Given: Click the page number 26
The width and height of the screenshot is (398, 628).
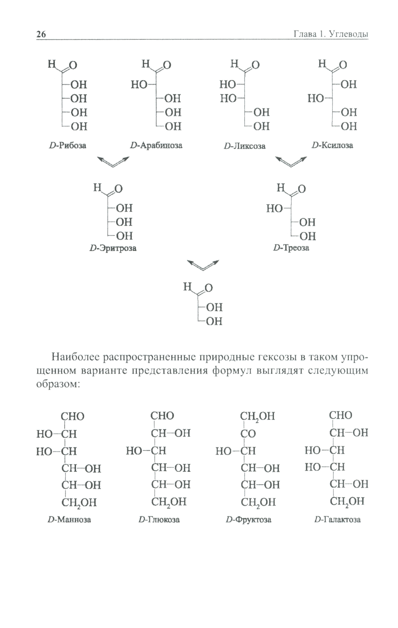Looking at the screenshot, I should pos(41,34).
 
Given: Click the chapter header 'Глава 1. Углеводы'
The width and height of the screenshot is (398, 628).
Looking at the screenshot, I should pos(330,34).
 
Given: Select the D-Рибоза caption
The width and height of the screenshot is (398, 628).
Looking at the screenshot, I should pos(67,145).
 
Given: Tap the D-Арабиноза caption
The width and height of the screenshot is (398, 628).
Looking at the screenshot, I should pos(156,145).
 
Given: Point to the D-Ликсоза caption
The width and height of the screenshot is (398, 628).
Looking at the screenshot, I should pos(244,146).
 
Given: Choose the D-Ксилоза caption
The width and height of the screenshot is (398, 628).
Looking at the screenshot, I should pos(332,145).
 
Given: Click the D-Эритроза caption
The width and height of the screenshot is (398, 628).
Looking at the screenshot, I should pos(113,248).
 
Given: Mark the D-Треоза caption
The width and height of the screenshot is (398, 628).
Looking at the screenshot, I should pos(291,248).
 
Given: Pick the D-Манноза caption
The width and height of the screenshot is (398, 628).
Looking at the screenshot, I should pos(69,519).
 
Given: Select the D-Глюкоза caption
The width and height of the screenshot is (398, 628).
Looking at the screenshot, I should pos(159,519).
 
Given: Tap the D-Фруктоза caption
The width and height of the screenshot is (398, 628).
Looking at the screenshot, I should pos(248,519).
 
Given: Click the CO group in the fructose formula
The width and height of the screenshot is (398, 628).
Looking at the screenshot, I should pos(248,434).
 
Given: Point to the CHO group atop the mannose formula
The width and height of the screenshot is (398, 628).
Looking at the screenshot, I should pos(72,416).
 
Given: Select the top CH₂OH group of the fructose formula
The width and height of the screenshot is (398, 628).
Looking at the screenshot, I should pos(257,416).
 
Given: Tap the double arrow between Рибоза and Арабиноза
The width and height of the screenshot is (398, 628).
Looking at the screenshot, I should pos(113,161).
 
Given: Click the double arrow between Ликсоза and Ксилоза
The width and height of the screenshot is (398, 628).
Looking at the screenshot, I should pos(291,161).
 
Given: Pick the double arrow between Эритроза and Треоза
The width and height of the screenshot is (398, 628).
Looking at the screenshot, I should pos(203,265).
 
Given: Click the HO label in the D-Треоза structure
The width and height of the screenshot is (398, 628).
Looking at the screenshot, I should pos(274,208).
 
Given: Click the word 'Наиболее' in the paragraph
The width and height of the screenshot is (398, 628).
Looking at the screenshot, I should pos(75,357).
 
